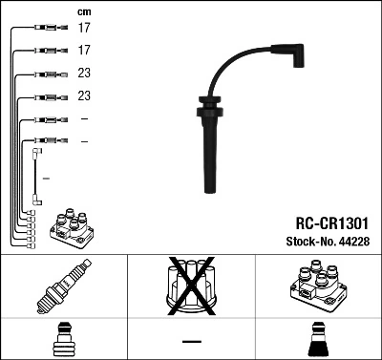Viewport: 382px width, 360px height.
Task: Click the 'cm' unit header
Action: (83, 11)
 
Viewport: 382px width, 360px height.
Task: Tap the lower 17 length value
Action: (84, 50)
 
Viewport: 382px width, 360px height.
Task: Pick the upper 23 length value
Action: (84, 74)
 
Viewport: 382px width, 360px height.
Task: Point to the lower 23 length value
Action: (84, 96)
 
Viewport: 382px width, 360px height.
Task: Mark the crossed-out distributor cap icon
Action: (190, 287)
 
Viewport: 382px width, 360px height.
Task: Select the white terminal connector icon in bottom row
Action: (63, 340)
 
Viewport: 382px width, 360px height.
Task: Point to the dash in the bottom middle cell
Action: (190, 341)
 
